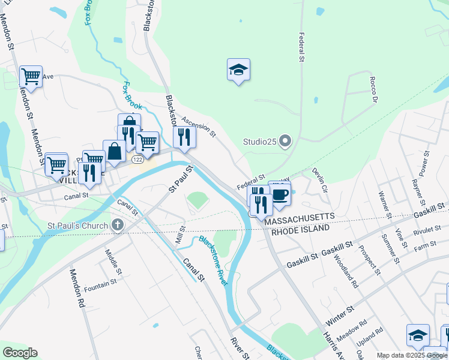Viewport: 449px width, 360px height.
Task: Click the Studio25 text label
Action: pos(259,142)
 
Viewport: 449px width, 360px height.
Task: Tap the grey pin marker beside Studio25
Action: pos(285,142)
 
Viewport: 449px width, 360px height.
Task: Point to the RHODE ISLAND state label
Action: pos(301,229)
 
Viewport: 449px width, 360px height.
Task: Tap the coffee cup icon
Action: pos(280,194)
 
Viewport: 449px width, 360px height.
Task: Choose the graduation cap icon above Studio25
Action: pos(238,70)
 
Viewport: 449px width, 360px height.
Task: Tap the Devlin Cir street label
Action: pos(319,180)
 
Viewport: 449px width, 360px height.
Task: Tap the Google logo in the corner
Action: pos(20,353)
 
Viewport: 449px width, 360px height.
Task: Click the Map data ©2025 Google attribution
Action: pos(412,356)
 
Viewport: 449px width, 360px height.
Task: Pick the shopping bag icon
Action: pos(113,151)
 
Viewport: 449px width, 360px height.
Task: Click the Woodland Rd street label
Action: pos(346,272)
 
